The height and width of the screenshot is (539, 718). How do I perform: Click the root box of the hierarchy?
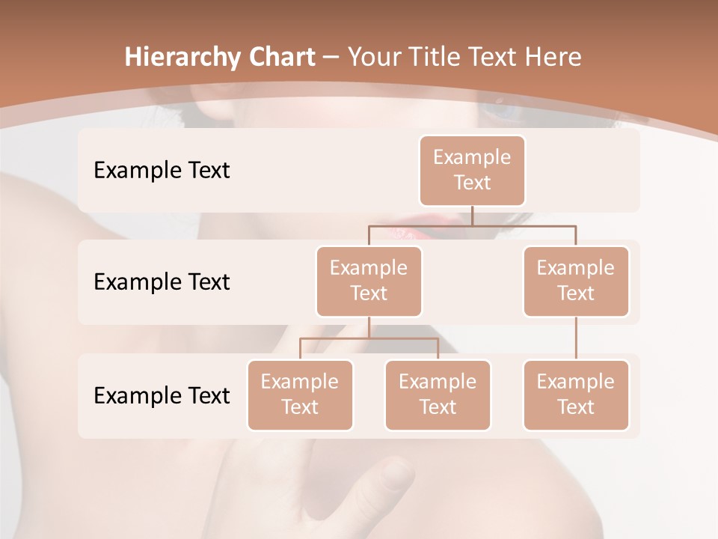pyautogui.click(x=472, y=170)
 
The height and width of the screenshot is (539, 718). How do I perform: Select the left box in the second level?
pyautogui.click(x=369, y=281)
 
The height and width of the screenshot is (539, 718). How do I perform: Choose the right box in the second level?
pyautogui.click(x=576, y=281)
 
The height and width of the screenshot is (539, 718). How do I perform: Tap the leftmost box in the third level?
pyautogui.click(x=300, y=395)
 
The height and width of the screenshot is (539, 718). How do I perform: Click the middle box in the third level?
pyautogui.click(x=438, y=395)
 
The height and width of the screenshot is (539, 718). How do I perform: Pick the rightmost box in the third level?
pyautogui.click(x=576, y=395)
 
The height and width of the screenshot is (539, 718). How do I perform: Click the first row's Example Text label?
pyautogui.click(x=162, y=170)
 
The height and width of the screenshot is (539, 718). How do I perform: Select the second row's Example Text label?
pyautogui.click(x=162, y=281)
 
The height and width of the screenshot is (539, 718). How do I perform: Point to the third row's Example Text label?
pyautogui.click(x=162, y=395)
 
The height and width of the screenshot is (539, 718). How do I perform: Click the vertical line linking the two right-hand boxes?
pyautogui.click(x=576, y=338)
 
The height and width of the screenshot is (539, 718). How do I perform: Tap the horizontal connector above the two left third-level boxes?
pyautogui.click(x=369, y=338)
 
